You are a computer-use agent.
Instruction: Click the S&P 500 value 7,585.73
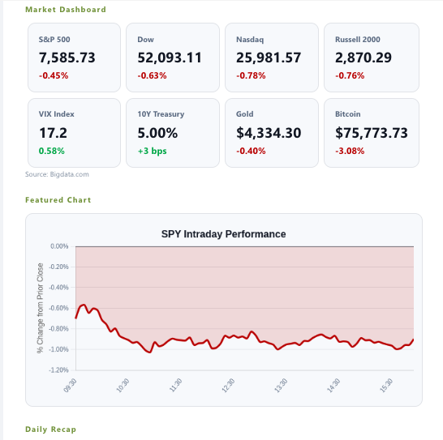(67, 58)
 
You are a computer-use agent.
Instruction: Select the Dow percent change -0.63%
(152, 75)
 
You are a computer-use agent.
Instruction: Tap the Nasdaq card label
(250, 40)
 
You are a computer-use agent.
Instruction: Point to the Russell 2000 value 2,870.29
(363, 58)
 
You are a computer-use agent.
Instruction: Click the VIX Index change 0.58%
(52, 151)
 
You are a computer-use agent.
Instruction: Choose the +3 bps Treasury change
(152, 151)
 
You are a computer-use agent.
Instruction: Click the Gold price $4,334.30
(269, 133)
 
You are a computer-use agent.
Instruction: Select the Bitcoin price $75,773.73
(372, 133)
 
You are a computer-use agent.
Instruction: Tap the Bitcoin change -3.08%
(350, 151)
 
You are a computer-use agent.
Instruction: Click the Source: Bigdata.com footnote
(57, 174)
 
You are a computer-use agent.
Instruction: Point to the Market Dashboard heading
(66, 10)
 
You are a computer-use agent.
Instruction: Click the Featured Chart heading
(58, 200)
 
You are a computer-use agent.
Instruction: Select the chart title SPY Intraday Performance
(223, 234)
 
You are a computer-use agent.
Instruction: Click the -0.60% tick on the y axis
(58, 308)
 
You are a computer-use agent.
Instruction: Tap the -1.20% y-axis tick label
(58, 370)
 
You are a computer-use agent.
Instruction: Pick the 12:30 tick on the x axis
(228, 386)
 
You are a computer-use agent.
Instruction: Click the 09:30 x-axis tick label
(70, 386)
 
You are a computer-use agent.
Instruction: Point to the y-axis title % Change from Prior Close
(40, 308)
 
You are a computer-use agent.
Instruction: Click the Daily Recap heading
(50, 429)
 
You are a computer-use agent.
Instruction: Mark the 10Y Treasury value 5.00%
(157, 133)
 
